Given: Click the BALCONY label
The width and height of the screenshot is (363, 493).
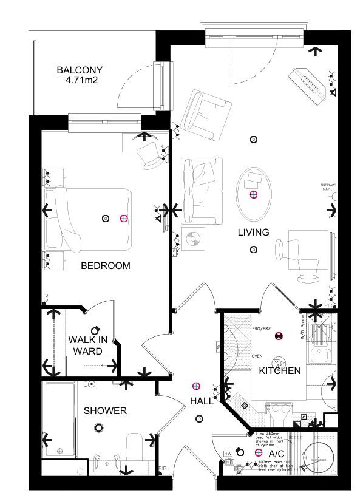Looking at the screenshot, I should (x=80, y=70).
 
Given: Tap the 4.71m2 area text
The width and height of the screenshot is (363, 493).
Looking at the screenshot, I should (x=80, y=80).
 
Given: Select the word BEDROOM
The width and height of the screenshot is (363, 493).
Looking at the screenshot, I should (x=106, y=266).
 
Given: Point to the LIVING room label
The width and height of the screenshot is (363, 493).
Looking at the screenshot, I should (x=253, y=233).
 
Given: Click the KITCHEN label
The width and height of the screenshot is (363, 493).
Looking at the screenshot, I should (x=280, y=370).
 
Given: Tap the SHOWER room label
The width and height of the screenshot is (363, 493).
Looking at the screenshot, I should (x=105, y=411).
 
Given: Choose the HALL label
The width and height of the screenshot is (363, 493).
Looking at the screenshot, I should (x=202, y=401).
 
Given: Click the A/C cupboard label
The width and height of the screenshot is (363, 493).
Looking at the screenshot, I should (x=276, y=454).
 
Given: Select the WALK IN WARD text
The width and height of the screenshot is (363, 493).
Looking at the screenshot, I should (x=87, y=345).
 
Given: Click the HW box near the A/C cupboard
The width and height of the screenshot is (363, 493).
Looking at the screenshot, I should (x=228, y=453).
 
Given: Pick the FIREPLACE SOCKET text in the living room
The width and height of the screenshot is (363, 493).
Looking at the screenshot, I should (x=328, y=186).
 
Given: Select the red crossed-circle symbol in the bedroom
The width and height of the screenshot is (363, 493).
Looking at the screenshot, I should (x=124, y=219).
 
